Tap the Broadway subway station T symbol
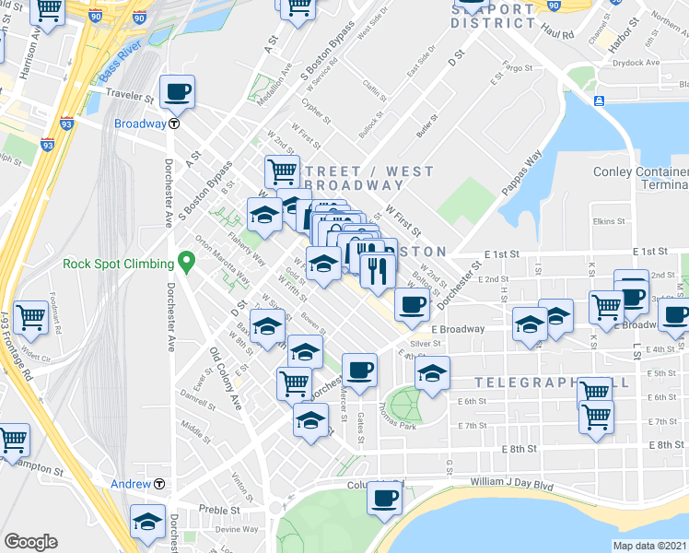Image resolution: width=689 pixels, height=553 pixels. (x=173, y=124)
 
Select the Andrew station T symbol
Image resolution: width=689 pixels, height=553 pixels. (x=159, y=484)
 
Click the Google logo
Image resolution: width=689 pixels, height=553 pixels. (x=30, y=541)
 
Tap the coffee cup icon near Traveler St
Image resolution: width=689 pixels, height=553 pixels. (x=177, y=91)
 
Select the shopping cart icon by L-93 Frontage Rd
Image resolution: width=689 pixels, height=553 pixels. (x=30, y=317)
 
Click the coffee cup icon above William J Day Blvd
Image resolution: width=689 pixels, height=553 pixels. (x=384, y=499)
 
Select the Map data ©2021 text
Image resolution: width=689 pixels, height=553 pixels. (x=650, y=546)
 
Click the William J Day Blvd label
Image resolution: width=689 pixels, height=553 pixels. (x=512, y=481)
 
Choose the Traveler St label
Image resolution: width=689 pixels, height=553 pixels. (x=130, y=96)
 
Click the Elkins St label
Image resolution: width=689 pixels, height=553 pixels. (x=610, y=221)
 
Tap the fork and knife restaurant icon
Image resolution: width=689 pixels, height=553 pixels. (x=378, y=269)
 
